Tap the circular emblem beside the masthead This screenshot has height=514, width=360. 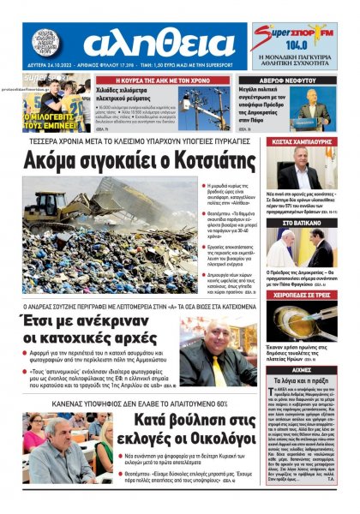(48, 43)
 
